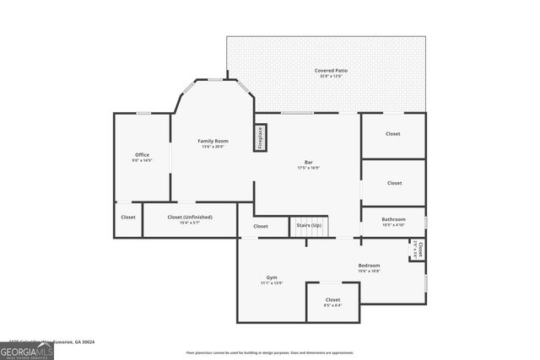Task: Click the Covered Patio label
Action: (331, 71)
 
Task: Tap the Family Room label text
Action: (213, 141)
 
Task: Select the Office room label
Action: (142, 154)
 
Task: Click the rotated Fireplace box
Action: (260, 137)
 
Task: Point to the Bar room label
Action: (308, 162)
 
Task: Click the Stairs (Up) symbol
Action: (308, 226)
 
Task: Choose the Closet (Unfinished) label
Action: (190, 217)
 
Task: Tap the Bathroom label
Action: (393, 219)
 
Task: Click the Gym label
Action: (272, 277)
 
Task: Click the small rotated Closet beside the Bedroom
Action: (418, 250)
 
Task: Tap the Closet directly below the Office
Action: (128, 218)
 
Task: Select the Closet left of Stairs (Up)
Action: (261, 226)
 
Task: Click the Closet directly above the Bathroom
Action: (394, 182)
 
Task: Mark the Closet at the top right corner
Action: (393, 134)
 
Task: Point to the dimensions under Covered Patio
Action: (331, 77)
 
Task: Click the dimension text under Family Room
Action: (213, 147)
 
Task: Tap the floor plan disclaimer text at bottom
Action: (270, 352)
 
